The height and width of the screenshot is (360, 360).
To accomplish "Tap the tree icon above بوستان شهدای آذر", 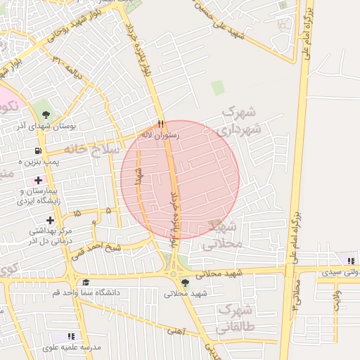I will tap(46, 114).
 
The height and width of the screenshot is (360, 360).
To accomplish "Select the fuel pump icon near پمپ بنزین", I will tap(37, 150).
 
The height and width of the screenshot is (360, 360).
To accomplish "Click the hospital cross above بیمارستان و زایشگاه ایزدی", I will tap(38, 180).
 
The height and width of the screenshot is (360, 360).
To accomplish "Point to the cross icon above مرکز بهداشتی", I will tap(50, 220).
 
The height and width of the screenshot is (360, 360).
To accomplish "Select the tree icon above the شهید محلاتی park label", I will tap(184, 283).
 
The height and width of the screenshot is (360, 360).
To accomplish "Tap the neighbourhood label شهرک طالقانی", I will tap(236, 318).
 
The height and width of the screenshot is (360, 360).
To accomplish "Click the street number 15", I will tap(77, 212).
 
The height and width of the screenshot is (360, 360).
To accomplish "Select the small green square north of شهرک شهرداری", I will tap(218, 88).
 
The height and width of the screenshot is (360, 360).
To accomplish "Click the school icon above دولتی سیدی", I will tap(350, 261).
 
